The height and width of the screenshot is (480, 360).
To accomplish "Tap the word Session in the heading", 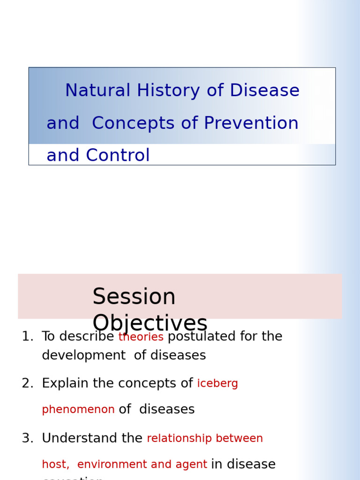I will (x=134, y=297).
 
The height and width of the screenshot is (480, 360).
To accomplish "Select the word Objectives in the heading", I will (x=150, y=323).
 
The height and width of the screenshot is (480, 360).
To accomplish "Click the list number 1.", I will (x=27, y=337).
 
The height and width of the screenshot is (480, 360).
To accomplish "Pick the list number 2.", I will (x=27, y=383).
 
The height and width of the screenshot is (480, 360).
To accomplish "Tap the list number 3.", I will (x=27, y=438).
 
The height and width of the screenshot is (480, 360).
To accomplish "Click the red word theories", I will (x=141, y=337).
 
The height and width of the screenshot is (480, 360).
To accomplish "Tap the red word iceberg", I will (x=217, y=384).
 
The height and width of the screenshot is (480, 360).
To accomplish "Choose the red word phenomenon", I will (x=78, y=410).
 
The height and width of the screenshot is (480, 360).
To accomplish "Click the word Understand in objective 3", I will (x=81, y=438).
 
